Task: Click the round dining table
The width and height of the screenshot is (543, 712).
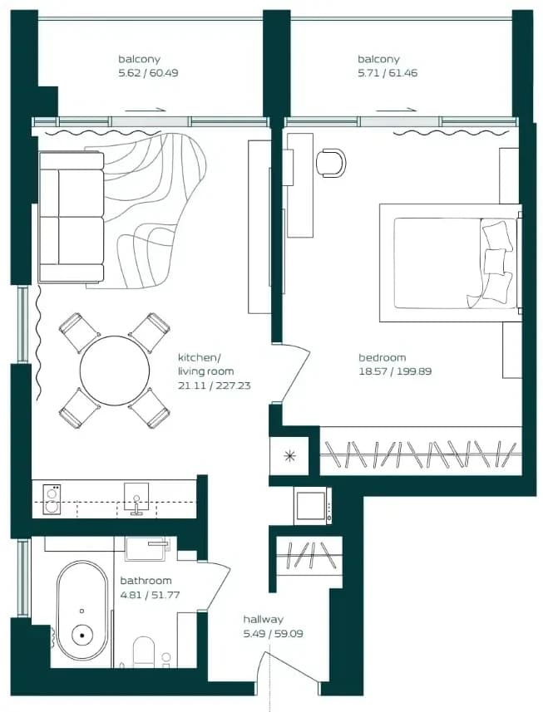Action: (115, 371)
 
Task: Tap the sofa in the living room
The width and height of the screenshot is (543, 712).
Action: (72, 217)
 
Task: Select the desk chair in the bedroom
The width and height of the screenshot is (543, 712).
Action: (330, 162)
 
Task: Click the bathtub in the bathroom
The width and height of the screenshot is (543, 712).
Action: (81, 611)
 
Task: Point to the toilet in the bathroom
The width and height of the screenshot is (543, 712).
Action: (145, 652)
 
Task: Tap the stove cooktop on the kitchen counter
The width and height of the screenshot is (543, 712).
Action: (51, 499)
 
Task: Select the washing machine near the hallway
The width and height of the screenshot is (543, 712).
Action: (313, 505)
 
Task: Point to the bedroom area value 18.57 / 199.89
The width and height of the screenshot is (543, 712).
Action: (395, 371)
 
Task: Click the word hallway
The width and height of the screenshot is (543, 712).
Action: (263, 620)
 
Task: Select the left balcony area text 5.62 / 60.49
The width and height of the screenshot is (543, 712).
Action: (148, 72)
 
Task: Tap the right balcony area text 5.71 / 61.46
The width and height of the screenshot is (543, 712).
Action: (388, 72)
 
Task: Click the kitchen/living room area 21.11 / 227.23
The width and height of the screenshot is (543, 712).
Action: (214, 386)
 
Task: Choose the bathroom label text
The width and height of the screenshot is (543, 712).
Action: (146, 581)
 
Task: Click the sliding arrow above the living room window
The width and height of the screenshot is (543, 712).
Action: (145, 110)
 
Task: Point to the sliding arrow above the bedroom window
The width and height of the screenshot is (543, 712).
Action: (396, 110)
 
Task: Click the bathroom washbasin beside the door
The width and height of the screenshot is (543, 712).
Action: (148, 548)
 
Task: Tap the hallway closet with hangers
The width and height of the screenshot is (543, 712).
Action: (309, 556)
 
